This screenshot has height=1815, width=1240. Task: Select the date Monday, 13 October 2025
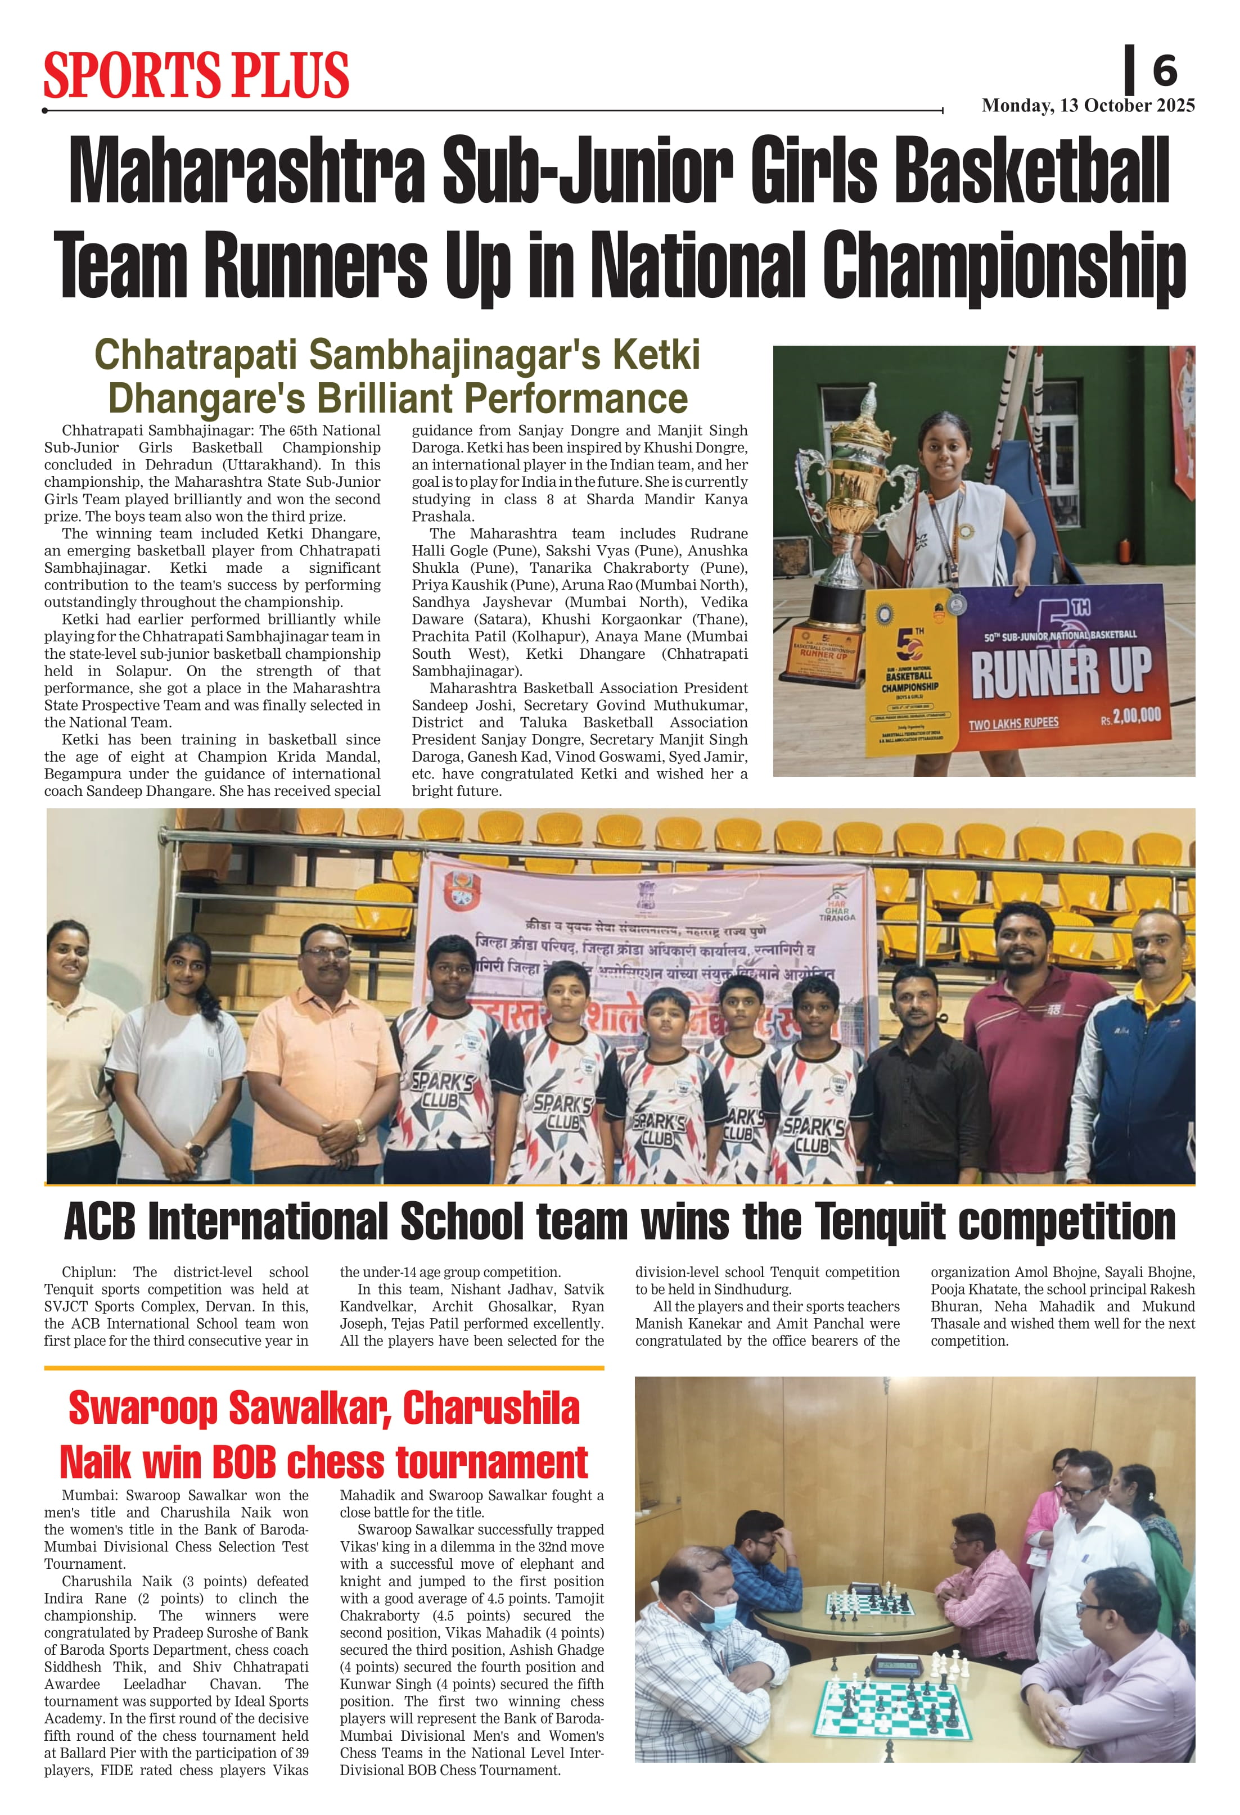pyautogui.click(x=1088, y=106)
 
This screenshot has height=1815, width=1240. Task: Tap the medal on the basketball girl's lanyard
pyautogui.click(x=957, y=604)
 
